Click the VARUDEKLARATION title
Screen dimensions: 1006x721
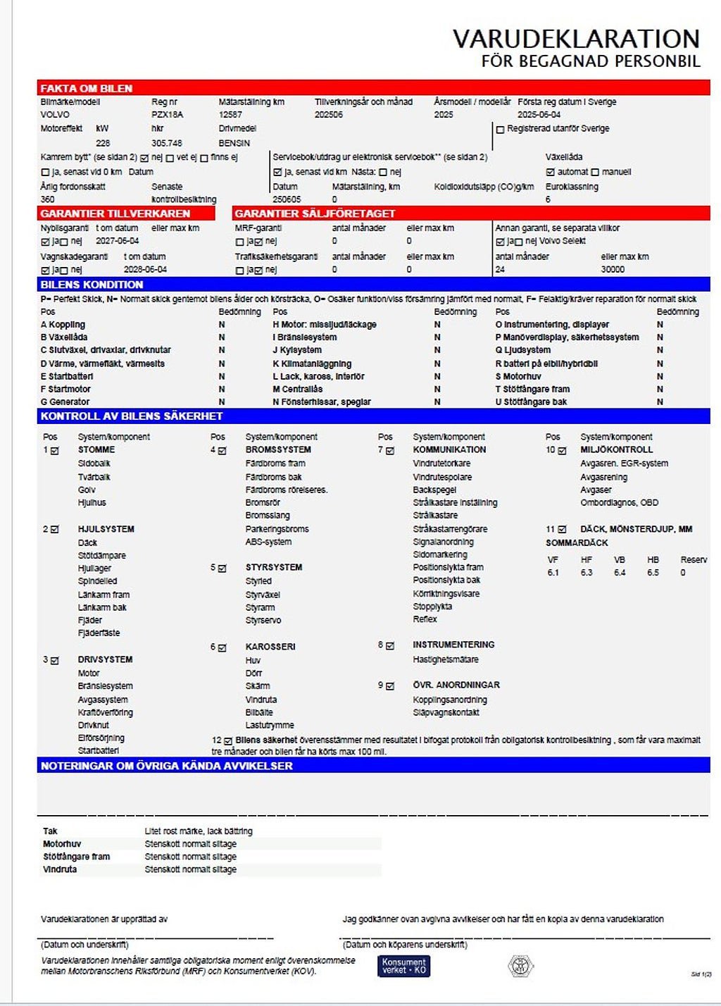tap(575, 39)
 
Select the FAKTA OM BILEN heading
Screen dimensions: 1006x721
tap(86, 88)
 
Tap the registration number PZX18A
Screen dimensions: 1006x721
tap(167, 114)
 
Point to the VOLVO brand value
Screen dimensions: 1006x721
tap(55, 114)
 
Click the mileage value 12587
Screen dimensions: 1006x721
tap(230, 114)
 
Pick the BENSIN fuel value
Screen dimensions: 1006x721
tap(234, 143)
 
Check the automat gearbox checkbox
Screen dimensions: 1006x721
tap(551, 172)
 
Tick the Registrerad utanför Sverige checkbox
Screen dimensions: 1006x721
tap(501, 130)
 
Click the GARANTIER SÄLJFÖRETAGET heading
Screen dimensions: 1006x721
tap(315, 213)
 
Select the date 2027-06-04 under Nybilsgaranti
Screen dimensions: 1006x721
tap(117, 241)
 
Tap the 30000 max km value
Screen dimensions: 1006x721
tap(613, 269)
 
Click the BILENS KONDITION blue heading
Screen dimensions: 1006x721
tap(92, 285)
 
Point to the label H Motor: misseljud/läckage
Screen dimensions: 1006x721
tap(325, 325)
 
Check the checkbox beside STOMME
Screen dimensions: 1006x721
tap(55, 451)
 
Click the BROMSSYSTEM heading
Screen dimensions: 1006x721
tap(278, 449)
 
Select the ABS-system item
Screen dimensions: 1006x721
tap(268, 542)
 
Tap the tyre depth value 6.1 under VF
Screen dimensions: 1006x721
tap(553, 573)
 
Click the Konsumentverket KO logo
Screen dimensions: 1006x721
tap(403, 966)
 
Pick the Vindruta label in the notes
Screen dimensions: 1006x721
tap(60, 869)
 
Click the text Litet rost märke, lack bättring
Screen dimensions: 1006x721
tap(198, 831)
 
